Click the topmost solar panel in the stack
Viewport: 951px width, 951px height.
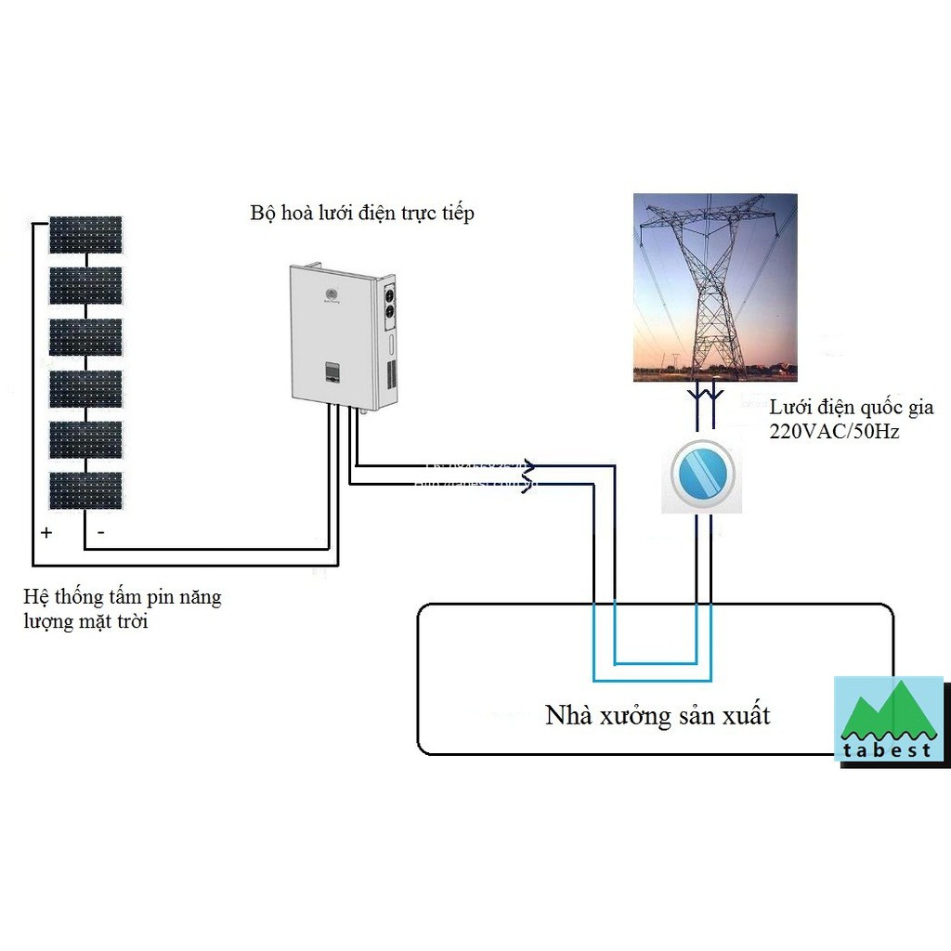click(85, 235)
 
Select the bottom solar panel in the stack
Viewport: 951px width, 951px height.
click(85, 490)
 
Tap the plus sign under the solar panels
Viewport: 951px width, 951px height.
click(46, 533)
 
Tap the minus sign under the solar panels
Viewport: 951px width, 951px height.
click(100, 533)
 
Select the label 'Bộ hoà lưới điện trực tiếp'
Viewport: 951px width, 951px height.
click(362, 213)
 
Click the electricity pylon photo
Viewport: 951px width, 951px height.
click(715, 287)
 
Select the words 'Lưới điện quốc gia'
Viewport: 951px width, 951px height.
click(852, 408)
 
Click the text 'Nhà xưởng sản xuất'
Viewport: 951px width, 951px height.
click(658, 715)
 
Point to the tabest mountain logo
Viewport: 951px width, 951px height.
click(888, 718)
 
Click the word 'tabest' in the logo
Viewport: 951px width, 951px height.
click(888, 749)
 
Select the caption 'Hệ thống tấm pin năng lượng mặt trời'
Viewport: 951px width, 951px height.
click(123, 608)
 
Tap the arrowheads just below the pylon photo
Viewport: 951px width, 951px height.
click(704, 398)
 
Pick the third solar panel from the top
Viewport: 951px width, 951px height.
click(85, 337)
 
